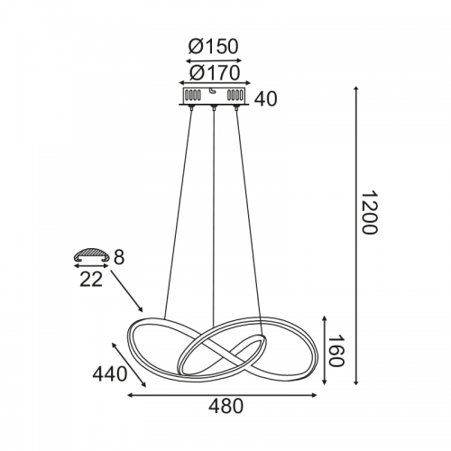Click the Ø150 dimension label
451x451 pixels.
tap(214, 47)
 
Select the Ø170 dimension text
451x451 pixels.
tap(215, 73)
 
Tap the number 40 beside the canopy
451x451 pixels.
tap(265, 99)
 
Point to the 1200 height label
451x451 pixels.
tap(368, 212)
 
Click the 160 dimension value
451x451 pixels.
tap(336, 351)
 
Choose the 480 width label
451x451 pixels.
tap(225, 406)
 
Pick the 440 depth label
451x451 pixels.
tap(109, 374)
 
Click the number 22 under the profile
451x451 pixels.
tap(91, 280)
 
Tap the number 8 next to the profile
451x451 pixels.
tap(119, 257)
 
